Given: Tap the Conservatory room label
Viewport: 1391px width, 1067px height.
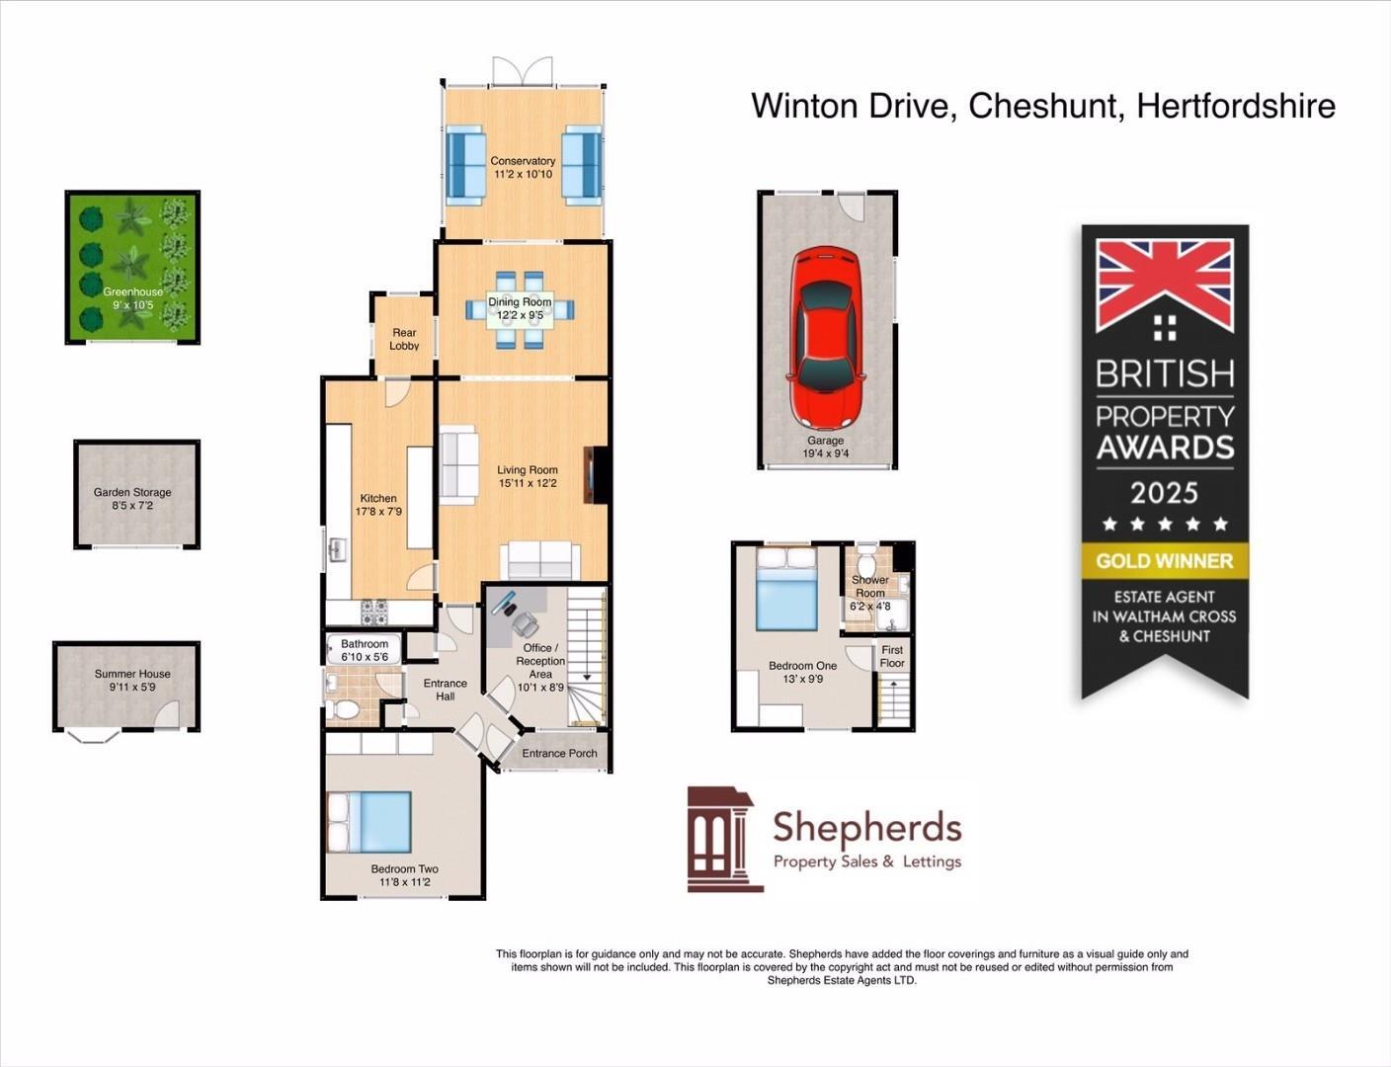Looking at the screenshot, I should [x=523, y=161].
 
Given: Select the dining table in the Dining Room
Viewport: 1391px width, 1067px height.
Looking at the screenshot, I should [x=521, y=310].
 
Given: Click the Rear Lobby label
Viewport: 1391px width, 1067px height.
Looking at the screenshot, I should [x=404, y=339].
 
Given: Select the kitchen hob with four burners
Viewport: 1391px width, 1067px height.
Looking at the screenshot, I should [x=375, y=613].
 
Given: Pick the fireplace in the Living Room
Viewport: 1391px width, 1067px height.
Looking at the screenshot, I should [x=596, y=475].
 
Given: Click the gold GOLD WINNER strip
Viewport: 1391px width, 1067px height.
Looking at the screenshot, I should [x=1165, y=561].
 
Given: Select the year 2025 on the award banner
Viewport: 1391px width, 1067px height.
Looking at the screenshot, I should [x=1165, y=492].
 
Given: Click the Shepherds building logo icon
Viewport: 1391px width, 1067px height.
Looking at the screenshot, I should [x=724, y=840].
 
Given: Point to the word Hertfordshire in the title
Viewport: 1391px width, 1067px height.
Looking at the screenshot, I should [x=1236, y=106].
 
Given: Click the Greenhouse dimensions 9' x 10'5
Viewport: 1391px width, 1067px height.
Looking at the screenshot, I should [x=132, y=305].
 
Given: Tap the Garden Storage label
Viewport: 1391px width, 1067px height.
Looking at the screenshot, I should [x=132, y=492].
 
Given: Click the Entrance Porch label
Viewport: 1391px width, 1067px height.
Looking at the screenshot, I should [x=559, y=753].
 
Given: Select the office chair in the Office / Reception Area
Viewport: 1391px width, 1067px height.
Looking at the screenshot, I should [x=525, y=623].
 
